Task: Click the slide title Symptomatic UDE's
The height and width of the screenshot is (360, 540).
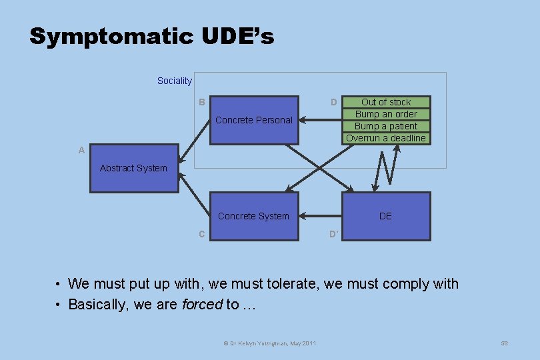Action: point(151,37)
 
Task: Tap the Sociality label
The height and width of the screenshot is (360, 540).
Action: point(174,81)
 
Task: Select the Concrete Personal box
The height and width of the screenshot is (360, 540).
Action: point(254,120)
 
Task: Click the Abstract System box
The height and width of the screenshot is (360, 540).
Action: point(134,168)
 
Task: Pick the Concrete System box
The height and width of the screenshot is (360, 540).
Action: point(254,216)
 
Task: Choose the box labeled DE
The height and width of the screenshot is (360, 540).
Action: point(386,216)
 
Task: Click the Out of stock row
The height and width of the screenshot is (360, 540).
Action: point(386,102)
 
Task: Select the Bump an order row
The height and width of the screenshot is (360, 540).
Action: point(386,114)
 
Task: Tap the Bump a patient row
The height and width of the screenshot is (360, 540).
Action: point(386,126)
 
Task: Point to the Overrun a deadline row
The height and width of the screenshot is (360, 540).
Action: point(386,138)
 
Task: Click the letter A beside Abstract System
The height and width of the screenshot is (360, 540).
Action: point(81,150)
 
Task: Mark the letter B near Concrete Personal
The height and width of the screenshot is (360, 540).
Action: point(201,102)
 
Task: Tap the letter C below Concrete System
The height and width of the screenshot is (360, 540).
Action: point(201,234)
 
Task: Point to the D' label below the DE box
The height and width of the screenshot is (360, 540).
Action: point(333,234)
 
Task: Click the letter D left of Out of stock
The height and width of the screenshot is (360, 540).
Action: point(333,102)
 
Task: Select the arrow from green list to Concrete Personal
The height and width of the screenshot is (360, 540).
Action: point(320,121)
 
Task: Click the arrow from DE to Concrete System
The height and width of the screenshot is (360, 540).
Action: point(320,216)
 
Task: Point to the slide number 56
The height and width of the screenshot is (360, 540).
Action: point(505,343)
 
